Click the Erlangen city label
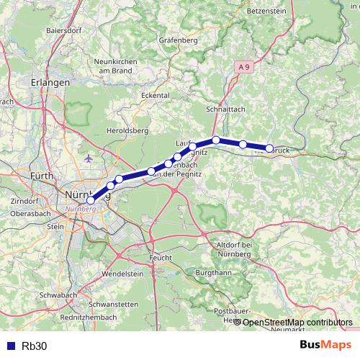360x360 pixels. (x=50, y=83)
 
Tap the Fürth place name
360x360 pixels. (x=43, y=175)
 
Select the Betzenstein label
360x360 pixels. (x=266, y=12)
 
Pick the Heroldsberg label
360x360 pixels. (x=126, y=130)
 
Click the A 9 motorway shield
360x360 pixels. (x=244, y=66)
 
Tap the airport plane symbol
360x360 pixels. (x=88, y=158)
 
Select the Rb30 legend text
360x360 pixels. (x=35, y=346)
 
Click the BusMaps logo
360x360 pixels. (x=325, y=345)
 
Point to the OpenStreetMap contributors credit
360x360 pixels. (x=297, y=323)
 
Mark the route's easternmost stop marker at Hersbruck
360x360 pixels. (x=269, y=148)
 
